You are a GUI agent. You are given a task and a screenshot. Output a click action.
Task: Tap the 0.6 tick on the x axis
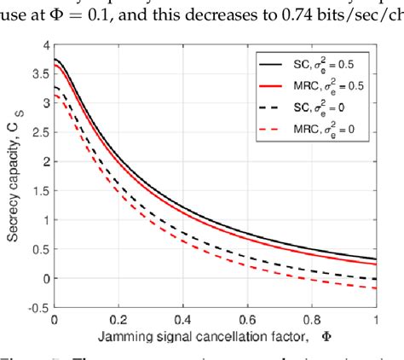coord(246,322)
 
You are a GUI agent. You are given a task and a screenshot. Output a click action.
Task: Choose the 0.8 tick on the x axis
coord(312,322)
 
